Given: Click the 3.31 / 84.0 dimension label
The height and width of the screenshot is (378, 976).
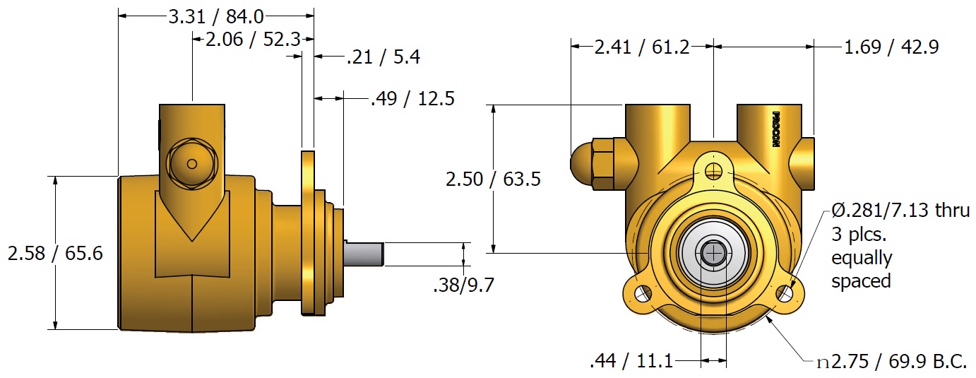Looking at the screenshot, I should (215, 15).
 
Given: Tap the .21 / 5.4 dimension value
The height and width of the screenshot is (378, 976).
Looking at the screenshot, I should (383, 57).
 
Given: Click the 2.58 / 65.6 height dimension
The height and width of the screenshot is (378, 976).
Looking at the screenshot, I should (55, 253).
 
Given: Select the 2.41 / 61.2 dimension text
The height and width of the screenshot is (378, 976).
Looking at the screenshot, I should (641, 47).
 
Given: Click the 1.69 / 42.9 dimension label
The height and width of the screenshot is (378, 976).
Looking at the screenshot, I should (891, 47).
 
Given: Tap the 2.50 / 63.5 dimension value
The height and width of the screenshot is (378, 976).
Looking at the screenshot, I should (493, 179).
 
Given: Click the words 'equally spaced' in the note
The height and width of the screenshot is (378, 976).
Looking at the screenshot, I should (861, 269).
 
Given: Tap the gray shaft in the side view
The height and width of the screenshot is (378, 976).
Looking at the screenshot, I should (364, 254).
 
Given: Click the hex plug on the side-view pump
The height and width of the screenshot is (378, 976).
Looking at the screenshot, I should (191, 164).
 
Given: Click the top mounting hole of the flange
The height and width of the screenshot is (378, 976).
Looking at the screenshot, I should (715, 170).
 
